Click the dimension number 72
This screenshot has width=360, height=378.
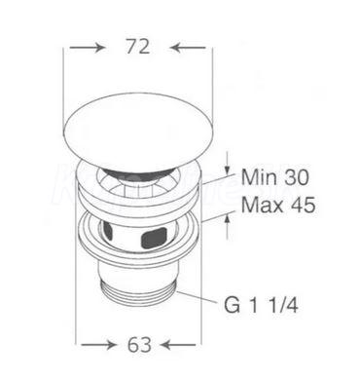(138, 47)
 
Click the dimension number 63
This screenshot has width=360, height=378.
(139, 345)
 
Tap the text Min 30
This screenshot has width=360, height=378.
(275, 177)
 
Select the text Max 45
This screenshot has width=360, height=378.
(278, 205)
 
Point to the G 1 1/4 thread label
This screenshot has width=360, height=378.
(261, 305)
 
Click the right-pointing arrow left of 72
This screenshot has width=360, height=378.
(88, 48)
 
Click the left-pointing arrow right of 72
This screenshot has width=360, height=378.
(188, 48)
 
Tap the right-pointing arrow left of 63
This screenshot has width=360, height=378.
(98, 345)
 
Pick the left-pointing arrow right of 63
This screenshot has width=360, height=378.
(178, 345)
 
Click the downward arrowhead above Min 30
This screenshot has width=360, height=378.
(228, 170)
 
